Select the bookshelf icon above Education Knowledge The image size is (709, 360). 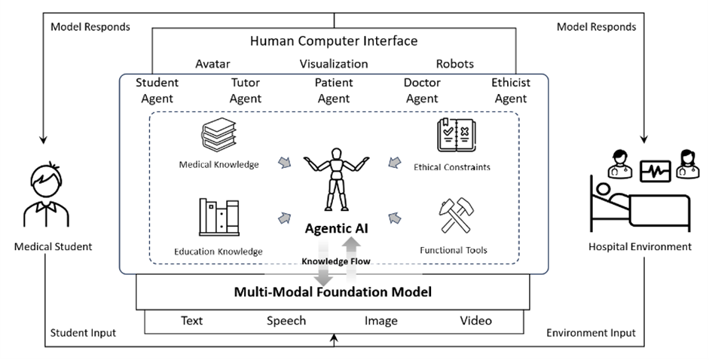(x=219, y=218)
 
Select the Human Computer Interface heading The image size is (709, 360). (x=334, y=41)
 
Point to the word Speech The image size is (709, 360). (x=286, y=321)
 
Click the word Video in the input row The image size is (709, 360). (x=475, y=321)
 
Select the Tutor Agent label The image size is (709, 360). (x=246, y=90)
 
